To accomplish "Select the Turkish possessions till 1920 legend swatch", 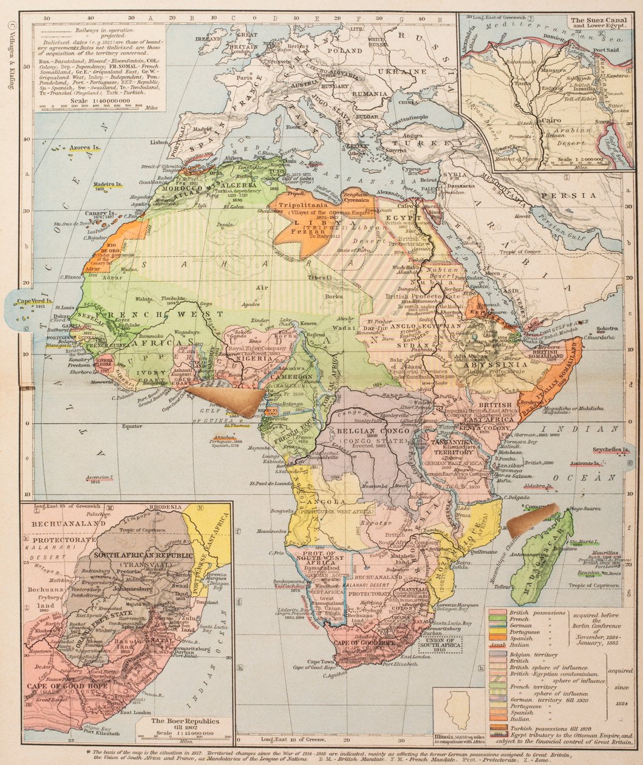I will (497, 727).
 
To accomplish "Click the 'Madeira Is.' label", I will (107, 183).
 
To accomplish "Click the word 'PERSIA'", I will (579, 195).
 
